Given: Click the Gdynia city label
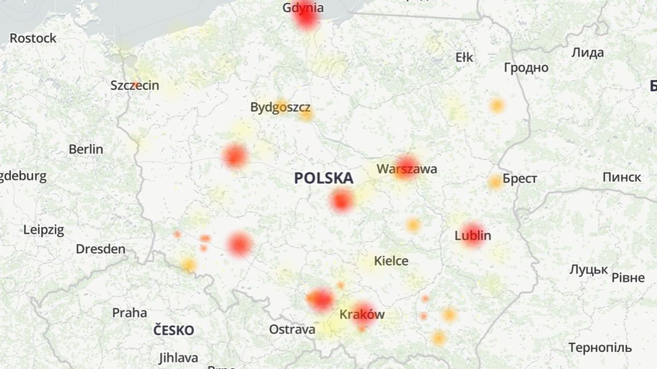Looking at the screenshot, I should (303, 8).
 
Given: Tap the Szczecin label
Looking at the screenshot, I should (135, 85).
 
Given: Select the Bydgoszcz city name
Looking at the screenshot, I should (280, 107).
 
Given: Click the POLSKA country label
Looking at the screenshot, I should (324, 178).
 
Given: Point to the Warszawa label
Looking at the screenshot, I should (407, 169).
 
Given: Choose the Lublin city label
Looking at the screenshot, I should (473, 236).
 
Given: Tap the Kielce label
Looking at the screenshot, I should (391, 261).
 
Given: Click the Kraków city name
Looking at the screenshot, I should (362, 314).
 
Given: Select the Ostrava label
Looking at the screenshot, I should (292, 329).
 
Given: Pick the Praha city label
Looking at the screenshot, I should (130, 313).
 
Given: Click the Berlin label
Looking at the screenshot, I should (86, 149).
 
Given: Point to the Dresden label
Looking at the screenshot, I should (100, 249).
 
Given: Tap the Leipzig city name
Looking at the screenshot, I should (44, 230).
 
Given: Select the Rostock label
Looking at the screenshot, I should (33, 38).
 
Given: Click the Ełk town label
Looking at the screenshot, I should (464, 57).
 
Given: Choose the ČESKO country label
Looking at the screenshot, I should (174, 330).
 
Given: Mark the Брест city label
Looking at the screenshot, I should (520, 179).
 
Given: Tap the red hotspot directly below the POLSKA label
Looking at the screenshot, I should (342, 201).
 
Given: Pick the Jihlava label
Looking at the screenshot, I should (178, 358).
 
